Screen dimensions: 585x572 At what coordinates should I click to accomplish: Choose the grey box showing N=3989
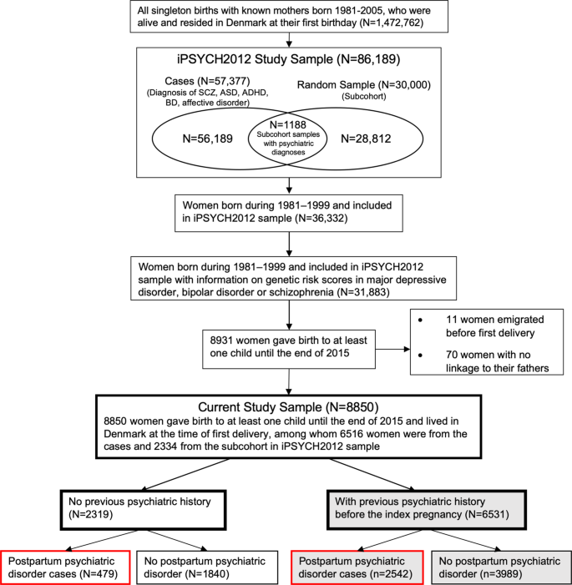click(x=500, y=567)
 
